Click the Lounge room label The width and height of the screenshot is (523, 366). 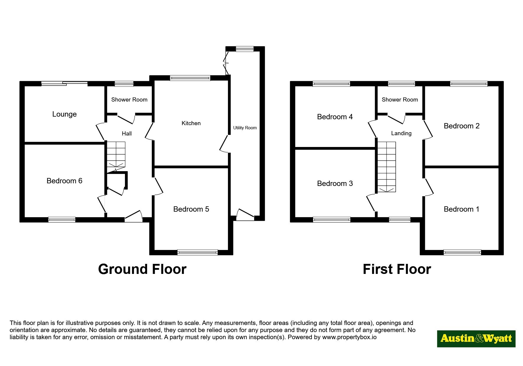64,114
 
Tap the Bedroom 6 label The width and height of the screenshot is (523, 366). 64,181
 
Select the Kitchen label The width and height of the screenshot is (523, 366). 191,123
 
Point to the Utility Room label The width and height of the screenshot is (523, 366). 245,128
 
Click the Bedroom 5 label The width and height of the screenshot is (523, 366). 191,209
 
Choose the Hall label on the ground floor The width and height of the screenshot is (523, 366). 127,134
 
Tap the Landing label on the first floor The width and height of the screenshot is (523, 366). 401,133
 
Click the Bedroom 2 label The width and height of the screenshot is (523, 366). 462,126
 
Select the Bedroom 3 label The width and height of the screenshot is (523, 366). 335,183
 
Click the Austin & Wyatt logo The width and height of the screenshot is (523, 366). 476,339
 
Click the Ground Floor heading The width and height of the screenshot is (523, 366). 142,269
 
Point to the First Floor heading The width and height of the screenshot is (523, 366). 397,269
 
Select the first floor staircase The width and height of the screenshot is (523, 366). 387,167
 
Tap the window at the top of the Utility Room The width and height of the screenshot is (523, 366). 245,49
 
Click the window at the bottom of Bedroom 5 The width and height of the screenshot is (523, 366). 198,252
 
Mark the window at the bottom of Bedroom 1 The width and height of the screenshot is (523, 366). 462,252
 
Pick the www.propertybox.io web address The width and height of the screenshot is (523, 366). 349,337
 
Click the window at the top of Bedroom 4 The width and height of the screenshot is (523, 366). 331,84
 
